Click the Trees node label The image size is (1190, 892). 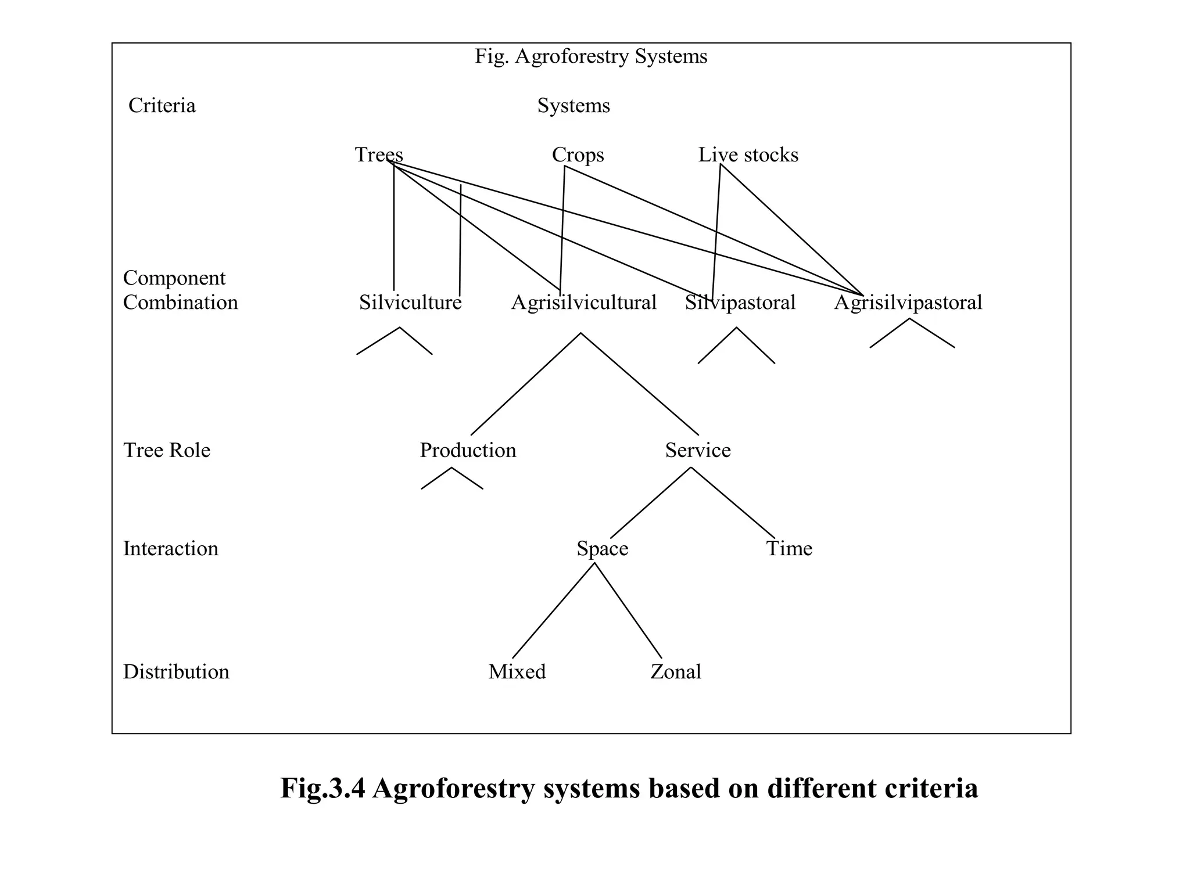pyautogui.click(x=379, y=155)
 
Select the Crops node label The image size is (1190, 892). pyautogui.click(x=578, y=155)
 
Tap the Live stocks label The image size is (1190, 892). pyautogui.click(x=748, y=155)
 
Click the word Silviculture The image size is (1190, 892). pyautogui.click(x=410, y=303)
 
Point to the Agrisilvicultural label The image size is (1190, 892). pyautogui.click(x=583, y=303)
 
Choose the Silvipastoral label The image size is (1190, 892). pyautogui.click(x=740, y=303)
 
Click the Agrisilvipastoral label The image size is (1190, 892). pyautogui.click(x=908, y=303)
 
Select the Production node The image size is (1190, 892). pyautogui.click(x=468, y=450)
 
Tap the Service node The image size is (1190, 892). pyautogui.click(x=697, y=450)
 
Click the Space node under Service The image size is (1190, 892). pyautogui.click(x=602, y=548)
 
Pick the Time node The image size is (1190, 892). pyautogui.click(x=788, y=548)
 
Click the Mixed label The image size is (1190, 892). pyautogui.click(x=517, y=672)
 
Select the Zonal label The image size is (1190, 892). pyautogui.click(x=675, y=672)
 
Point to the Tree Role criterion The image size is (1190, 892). pyautogui.click(x=167, y=450)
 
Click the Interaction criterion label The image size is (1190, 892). pyautogui.click(x=171, y=548)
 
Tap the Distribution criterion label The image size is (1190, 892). pyautogui.click(x=176, y=672)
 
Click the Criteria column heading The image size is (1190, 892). pyautogui.click(x=162, y=106)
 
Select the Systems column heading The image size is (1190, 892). pyautogui.click(x=573, y=106)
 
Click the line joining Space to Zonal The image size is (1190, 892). pyautogui.click(x=628, y=610)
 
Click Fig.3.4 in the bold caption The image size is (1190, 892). pyautogui.click(x=322, y=789)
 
